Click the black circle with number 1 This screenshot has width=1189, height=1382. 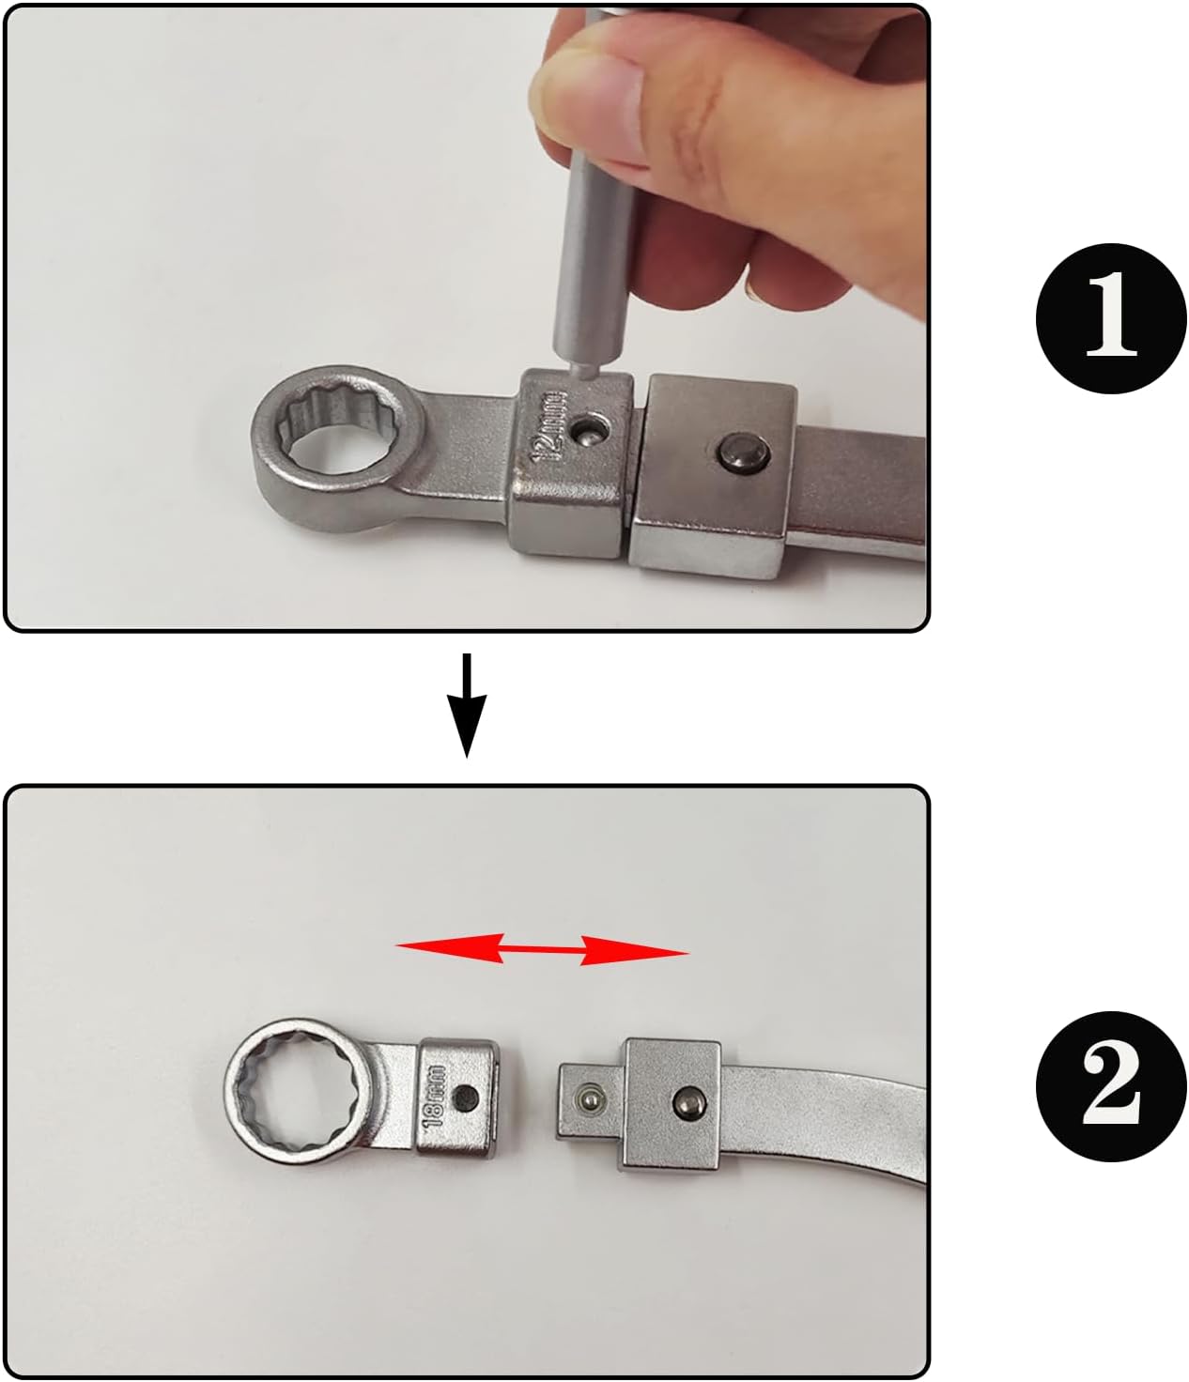click(1111, 318)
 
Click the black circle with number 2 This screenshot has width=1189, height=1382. click(1111, 1086)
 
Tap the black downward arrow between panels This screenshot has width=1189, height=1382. click(467, 705)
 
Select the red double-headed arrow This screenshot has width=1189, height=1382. click(542, 949)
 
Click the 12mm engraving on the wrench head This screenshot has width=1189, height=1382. click(549, 426)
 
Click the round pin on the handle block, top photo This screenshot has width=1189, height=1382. click(744, 453)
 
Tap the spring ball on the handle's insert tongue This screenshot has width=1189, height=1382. click(589, 1098)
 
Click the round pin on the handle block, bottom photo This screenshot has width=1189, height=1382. click(687, 1099)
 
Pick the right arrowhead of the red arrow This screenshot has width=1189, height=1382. click(634, 951)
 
